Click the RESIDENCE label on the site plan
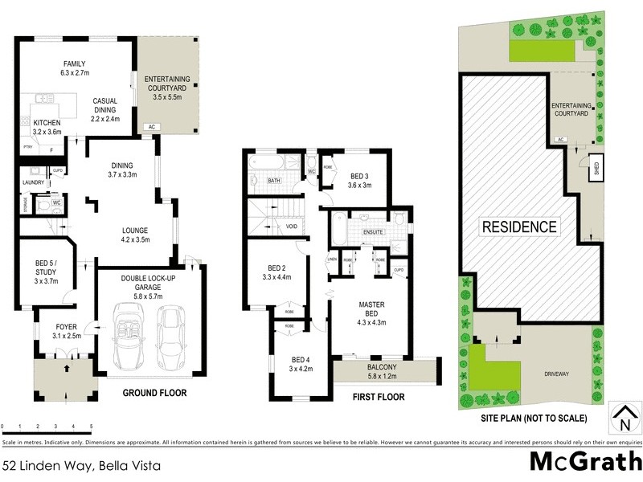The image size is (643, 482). click(x=518, y=227)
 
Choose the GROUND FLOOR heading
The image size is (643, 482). click(x=154, y=394)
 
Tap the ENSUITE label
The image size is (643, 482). click(x=373, y=232)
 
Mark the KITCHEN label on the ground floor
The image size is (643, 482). click(x=47, y=123)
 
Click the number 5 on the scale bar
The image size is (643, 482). click(x=92, y=426)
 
